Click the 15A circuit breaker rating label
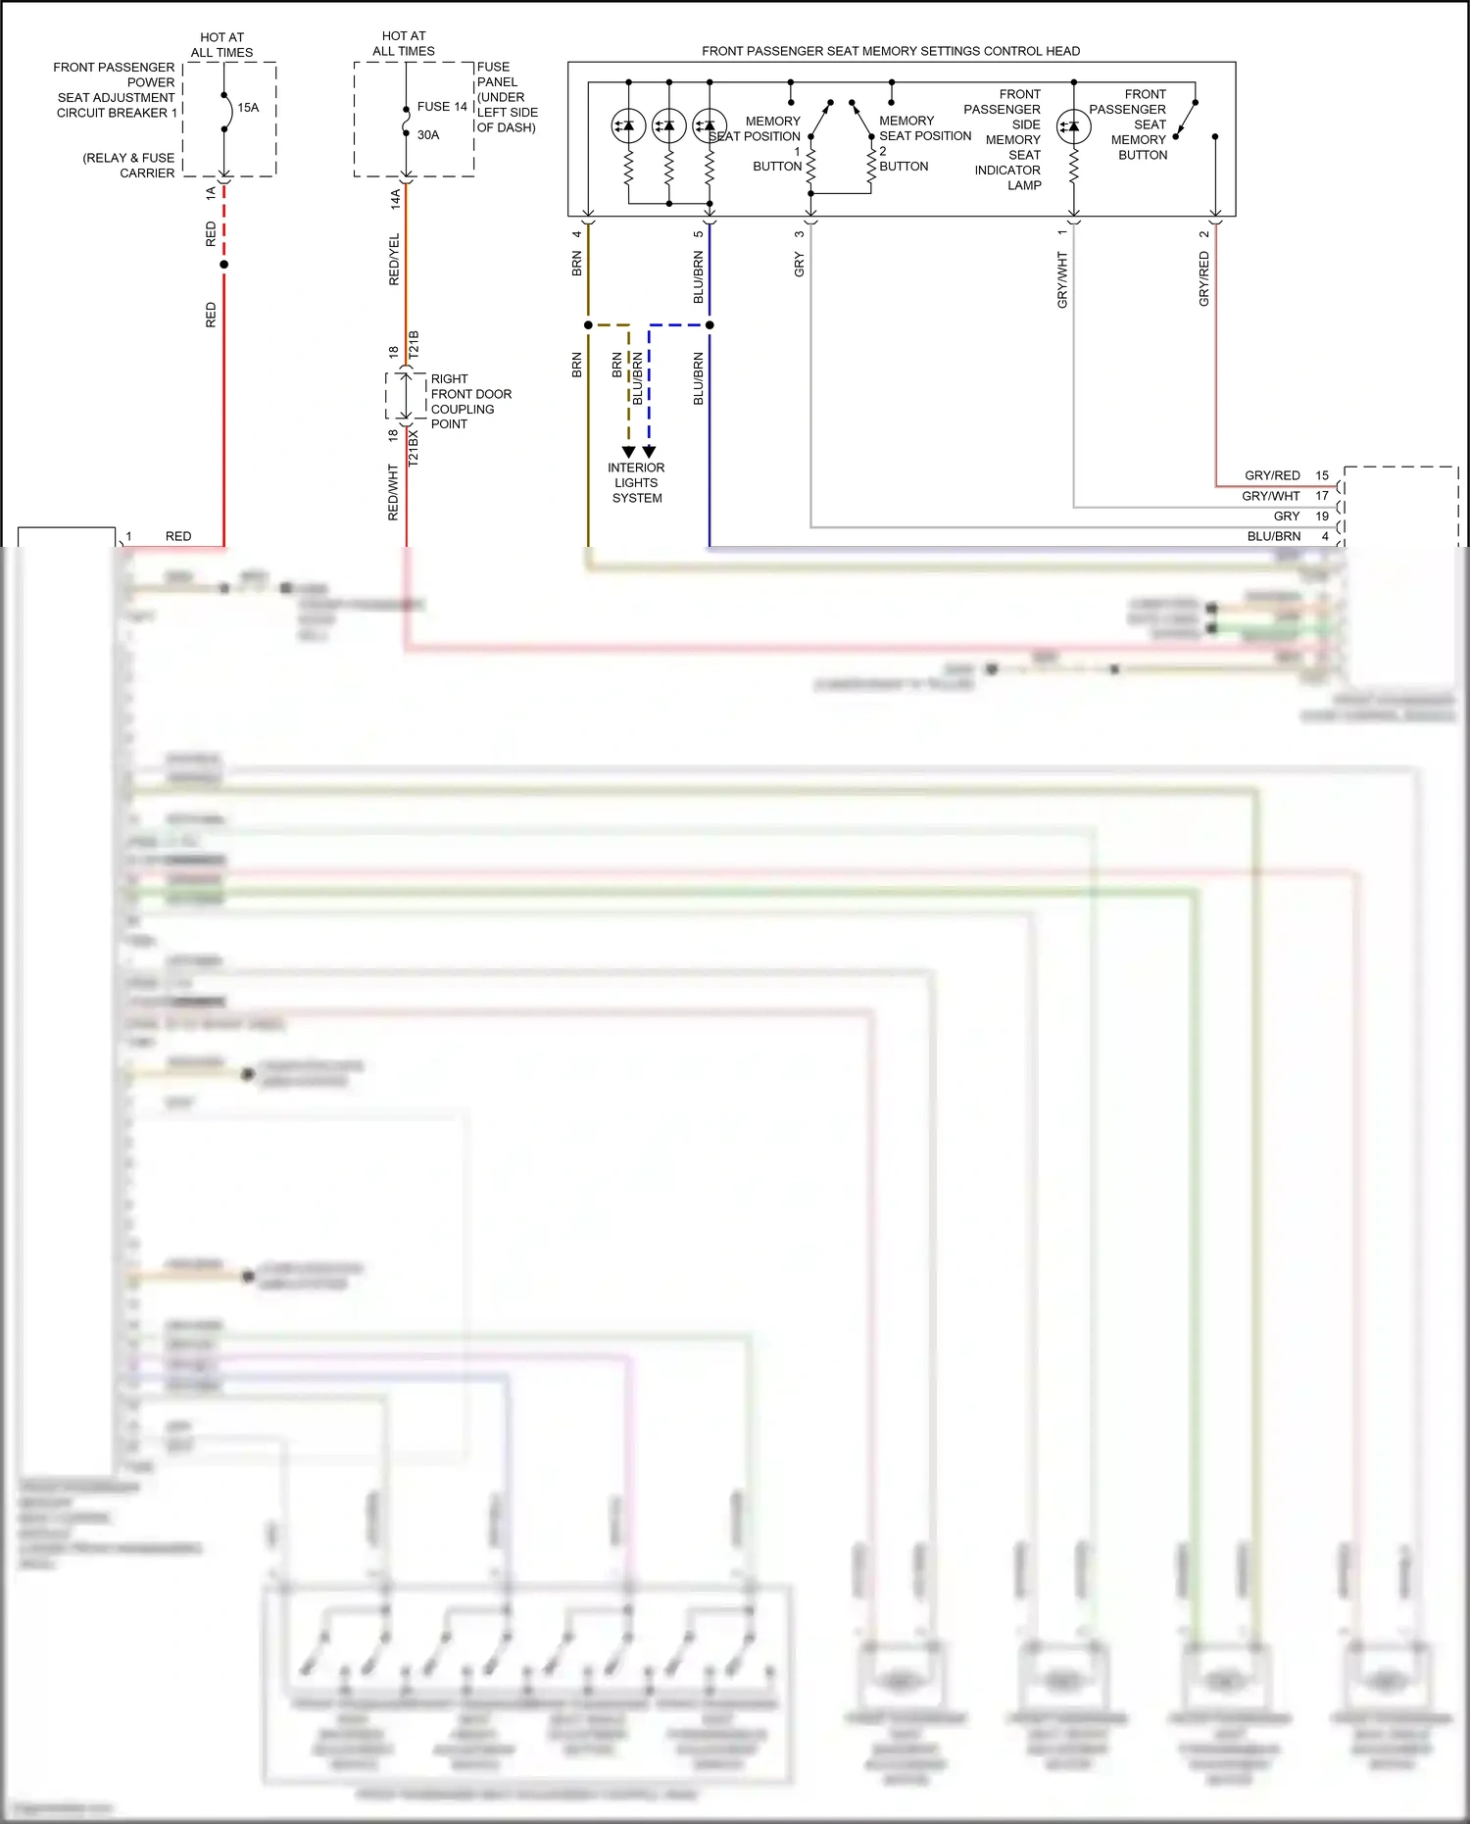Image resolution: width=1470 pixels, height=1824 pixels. (x=248, y=108)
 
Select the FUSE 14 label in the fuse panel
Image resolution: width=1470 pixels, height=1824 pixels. (x=442, y=107)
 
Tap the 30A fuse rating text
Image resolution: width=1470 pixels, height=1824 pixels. (x=428, y=135)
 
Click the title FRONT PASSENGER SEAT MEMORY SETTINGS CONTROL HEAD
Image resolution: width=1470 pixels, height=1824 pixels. (x=891, y=51)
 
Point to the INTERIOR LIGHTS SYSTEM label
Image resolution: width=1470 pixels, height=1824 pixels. (x=636, y=483)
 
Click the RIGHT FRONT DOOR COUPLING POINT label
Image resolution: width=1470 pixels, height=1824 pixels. (x=470, y=402)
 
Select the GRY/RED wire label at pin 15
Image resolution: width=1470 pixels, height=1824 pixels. (x=1272, y=475)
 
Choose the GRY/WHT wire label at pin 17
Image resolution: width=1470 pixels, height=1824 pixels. (x=1270, y=496)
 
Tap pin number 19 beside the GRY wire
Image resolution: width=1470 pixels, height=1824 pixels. (x=1322, y=517)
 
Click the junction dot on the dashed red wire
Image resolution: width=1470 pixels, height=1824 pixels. (x=224, y=265)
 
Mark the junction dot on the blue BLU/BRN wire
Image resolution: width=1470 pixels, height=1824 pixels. (x=710, y=324)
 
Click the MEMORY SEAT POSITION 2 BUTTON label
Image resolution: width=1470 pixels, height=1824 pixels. (x=924, y=143)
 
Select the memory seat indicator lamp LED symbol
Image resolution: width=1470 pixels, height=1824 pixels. (x=1074, y=126)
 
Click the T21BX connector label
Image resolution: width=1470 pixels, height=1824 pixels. (x=414, y=446)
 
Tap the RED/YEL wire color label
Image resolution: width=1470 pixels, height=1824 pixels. (x=395, y=260)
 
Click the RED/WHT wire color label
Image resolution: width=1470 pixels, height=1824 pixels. (x=394, y=492)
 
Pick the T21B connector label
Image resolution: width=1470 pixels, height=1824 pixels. (x=414, y=349)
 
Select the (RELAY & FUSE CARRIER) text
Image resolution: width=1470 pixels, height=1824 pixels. (x=129, y=166)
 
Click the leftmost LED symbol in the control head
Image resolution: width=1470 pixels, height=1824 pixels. (x=628, y=125)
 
